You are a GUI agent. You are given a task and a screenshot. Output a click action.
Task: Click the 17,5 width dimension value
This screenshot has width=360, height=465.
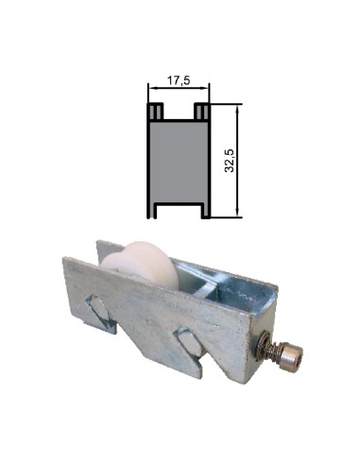tap(179, 81)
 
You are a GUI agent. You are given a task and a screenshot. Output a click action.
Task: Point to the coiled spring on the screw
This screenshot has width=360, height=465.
tap(281, 353)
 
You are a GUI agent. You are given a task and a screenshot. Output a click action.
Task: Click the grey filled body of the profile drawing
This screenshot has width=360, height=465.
tap(179, 161)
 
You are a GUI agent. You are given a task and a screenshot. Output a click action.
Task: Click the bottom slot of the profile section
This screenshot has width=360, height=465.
tap(179, 210)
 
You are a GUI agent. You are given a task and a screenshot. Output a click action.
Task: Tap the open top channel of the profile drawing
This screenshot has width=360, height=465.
tap(179, 112)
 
